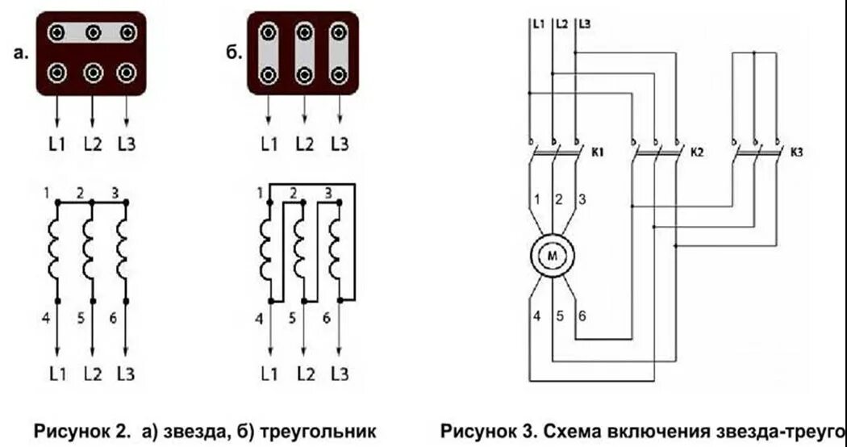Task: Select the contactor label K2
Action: pyautogui.click(x=699, y=151)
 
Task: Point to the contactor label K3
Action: pyautogui.click(x=798, y=151)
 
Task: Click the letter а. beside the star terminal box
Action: pyautogui.click(x=21, y=54)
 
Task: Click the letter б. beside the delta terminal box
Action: pyautogui.click(x=232, y=54)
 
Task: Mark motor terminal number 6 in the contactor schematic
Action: pyautogui.click(x=580, y=315)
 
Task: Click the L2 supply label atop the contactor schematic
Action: pyautogui.click(x=561, y=24)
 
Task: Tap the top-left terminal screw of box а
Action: pyautogui.click(x=57, y=32)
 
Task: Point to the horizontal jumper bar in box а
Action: pyautogui.click(x=91, y=32)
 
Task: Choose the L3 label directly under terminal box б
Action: pyautogui.click(x=340, y=145)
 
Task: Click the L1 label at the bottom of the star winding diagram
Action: pyautogui.click(x=56, y=374)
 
